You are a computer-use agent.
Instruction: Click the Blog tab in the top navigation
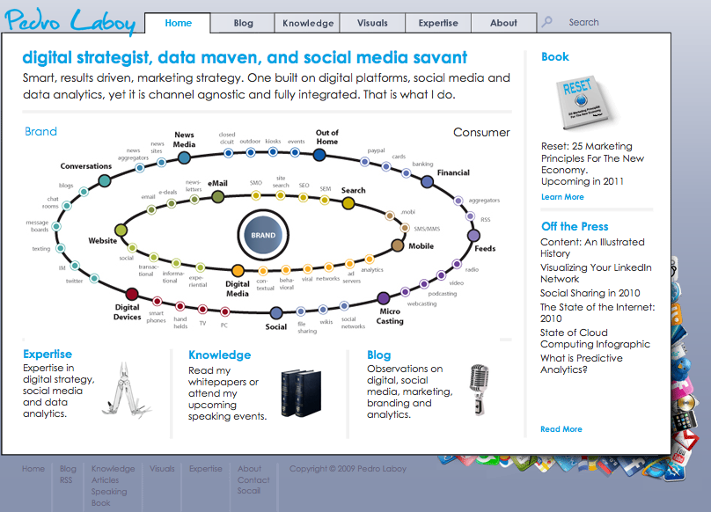243,23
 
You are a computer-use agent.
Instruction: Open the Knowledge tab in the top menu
308,23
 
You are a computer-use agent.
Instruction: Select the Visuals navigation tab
372,23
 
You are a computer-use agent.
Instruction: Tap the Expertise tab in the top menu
438,23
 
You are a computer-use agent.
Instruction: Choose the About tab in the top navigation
503,23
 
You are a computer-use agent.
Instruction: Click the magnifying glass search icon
546,22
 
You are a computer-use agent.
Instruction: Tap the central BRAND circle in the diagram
263,235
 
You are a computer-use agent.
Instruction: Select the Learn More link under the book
562,197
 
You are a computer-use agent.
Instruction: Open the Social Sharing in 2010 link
590,293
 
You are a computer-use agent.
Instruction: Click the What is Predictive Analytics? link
581,363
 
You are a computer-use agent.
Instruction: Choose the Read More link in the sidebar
561,429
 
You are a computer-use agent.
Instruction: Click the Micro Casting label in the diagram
390,316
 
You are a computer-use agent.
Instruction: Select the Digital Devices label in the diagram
128,312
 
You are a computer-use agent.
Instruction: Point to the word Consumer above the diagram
481,133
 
